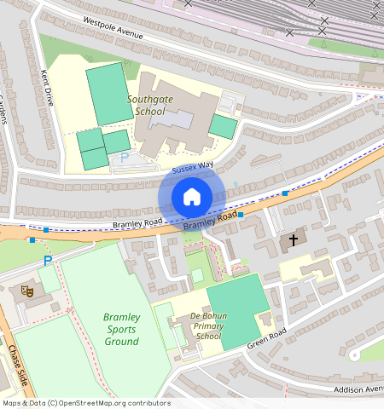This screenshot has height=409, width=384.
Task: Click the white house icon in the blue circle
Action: pyautogui.click(x=192, y=197)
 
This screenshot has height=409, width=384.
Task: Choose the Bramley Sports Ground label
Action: pyautogui.click(x=121, y=329)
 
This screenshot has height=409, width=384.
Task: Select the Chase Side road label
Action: pyautogui.click(x=19, y=364)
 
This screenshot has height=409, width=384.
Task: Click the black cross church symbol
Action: pyautogui.click(x=294, y=240)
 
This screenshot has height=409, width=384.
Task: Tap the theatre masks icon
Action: pyautogui.click(x=26, y=291)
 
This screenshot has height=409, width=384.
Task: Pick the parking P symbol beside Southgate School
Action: pyautogui.click(x=124, y=158)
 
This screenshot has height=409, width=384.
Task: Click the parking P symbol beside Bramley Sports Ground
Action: pyautogui.click(x=48, y=261)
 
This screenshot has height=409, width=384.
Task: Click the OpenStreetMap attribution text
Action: pyautogui.click(x=85, y=402)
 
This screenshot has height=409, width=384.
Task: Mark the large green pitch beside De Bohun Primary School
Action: pyautogui.click(x=236, y=309)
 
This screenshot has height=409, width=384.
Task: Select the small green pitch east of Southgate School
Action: pyautogui.click(x=223, y=127)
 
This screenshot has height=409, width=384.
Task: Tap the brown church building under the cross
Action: pyautogui.click(x=292, y=244)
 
